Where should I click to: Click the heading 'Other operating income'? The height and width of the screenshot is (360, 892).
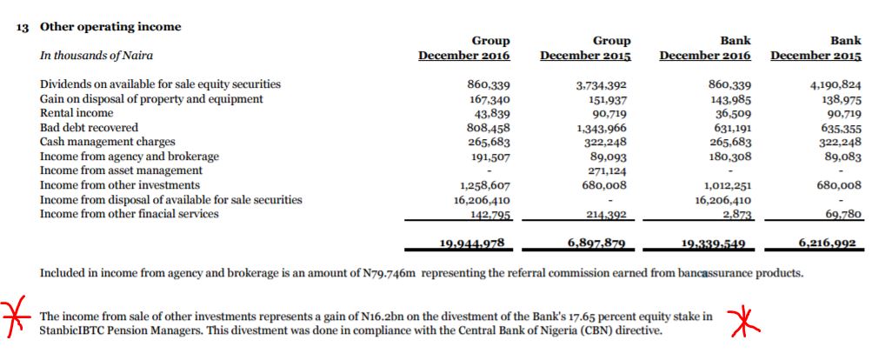tap(110, 27)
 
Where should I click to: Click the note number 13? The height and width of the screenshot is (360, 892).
tap(23, 27)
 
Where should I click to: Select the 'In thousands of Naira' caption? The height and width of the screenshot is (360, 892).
tap(97, 56)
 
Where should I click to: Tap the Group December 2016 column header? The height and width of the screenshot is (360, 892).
tap(464, 49)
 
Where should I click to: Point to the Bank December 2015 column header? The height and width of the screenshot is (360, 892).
tap(815, 49)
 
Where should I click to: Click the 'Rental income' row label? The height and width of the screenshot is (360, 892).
tap(77, 113)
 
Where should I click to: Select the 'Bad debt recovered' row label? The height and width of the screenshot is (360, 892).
tap(89, 128)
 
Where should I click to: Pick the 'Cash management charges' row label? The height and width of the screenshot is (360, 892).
tap(108, 143)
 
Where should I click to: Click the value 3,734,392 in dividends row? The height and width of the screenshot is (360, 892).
tap(602, 85)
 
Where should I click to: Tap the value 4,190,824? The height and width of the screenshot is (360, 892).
tap(835, 85)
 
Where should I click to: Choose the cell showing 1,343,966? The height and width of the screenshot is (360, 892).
tap(602, 128)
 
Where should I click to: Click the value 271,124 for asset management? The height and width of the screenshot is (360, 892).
tap(608, 170)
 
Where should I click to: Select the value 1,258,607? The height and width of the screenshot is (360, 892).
tap(484, 185)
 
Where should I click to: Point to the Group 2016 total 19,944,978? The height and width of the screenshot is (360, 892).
tap(471, 243)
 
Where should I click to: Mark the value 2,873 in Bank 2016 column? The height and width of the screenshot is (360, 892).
tap(738, 215)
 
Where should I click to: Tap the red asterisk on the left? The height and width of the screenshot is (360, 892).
tap(12, 314)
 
